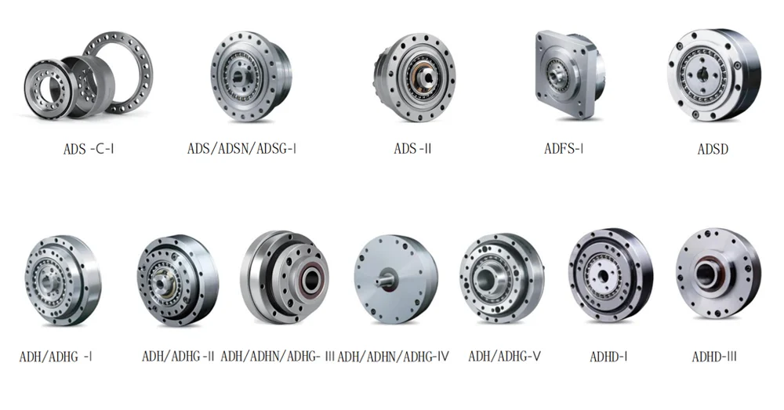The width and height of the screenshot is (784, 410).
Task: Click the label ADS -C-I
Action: click(89, 148)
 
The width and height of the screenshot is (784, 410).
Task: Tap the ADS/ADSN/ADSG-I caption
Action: click(242, 148)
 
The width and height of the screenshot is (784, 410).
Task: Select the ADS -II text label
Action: click(412, 148)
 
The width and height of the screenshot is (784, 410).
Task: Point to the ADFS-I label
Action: click(564, 148)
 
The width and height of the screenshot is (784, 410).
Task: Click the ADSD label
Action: click(713, 149)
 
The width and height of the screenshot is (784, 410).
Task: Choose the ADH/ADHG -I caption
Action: click(56, 357)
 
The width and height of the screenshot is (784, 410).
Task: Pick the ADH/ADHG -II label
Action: click(178, 356)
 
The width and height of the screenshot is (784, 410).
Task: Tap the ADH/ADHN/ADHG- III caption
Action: click(278, 356)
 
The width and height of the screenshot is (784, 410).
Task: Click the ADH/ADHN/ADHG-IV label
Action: click(393, 356)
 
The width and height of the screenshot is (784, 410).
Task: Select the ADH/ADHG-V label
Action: click(504, 356)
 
